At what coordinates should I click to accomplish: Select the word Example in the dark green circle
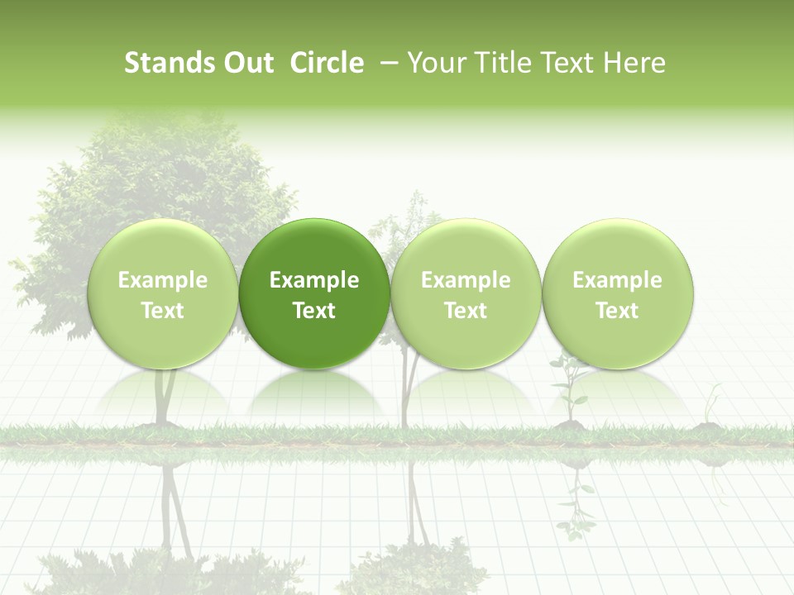click(314, 280)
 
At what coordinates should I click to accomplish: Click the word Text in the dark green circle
click(314, 311)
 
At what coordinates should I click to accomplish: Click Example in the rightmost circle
click(618, 280)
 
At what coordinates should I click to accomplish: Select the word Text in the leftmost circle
click(163, 311)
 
